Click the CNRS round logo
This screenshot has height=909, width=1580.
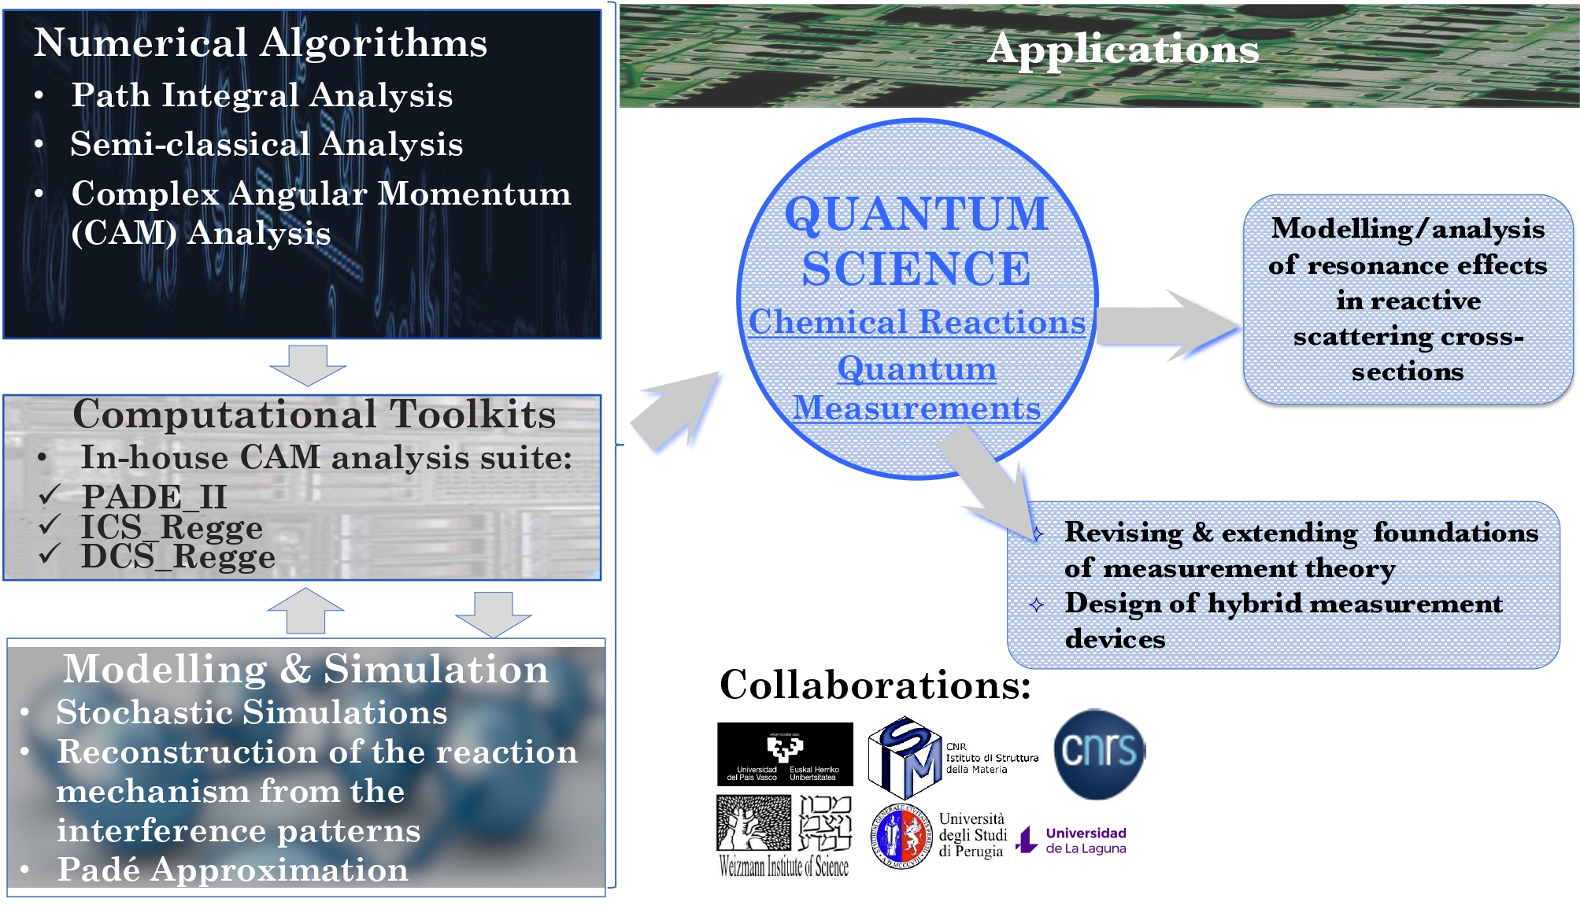tap(1098, 753)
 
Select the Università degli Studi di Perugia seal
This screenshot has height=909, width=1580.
tap(900, 836)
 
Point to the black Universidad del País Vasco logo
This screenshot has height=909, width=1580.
tap(784, 754)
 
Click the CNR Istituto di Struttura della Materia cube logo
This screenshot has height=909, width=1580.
tap(905, 756)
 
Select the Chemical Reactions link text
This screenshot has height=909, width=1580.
tap(916, 322)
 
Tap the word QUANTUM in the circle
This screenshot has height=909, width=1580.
tap(916, 214)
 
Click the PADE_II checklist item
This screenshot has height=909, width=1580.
tap(154, 497)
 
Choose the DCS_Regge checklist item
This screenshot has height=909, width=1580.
tap(178, 556)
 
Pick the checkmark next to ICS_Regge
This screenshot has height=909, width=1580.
tap(50, 524)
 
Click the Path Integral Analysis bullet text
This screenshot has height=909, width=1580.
tap(261, 95)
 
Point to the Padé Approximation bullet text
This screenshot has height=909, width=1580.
tap(232, 870)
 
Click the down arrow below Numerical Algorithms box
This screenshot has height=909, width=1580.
tap(307, 364)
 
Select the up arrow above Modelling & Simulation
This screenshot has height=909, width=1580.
tap(305, 611)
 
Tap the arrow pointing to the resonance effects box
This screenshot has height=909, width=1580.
tap(1165, 325)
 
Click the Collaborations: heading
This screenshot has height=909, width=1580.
tap(875, 685)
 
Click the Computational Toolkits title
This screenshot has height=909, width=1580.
tap(313, 415)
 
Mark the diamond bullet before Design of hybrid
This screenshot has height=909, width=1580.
tap(1036, 604)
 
